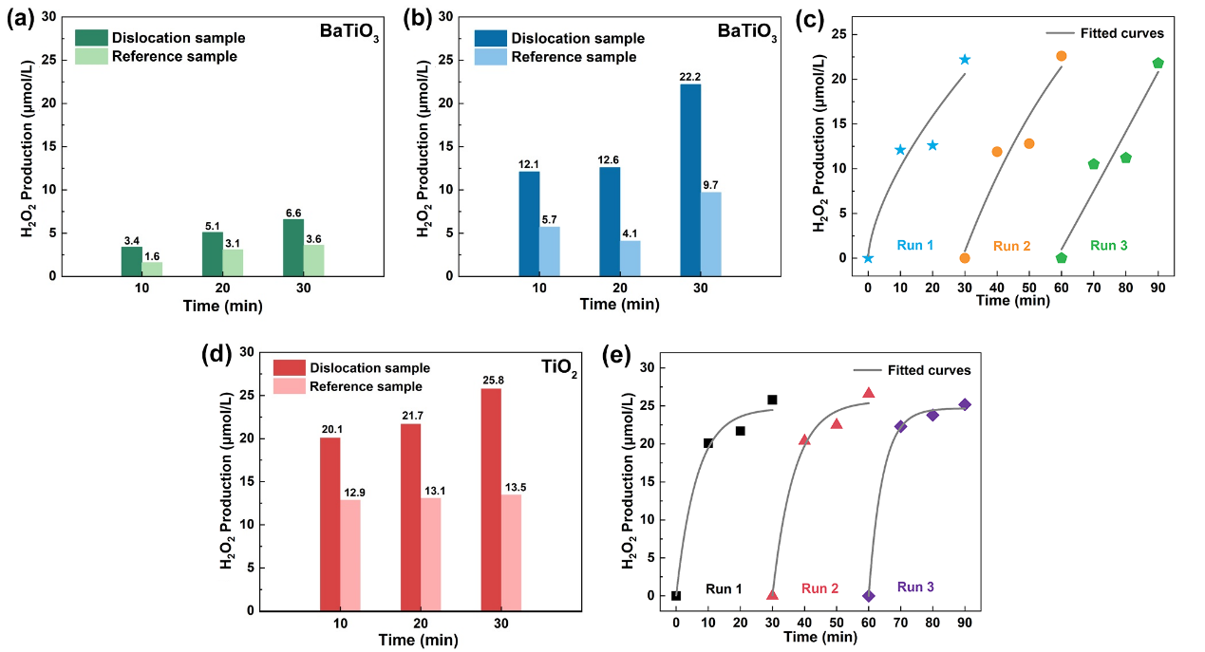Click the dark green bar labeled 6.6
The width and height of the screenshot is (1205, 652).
tap(292, 248)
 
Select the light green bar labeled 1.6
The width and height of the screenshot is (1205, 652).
tap(152, 269)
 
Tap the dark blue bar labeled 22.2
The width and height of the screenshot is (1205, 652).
tap(691, 180)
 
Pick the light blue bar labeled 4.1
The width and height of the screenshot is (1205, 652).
tap(631, 258)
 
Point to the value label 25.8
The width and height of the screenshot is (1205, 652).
tap(491, 380)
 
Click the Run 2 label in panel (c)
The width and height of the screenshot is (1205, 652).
tap(1012, 246)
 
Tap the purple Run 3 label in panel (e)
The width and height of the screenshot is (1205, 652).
tap(915, 587)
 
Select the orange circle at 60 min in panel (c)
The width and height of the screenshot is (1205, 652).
tap(1061, 56)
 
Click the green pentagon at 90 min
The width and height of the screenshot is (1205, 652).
tap(1158, 64)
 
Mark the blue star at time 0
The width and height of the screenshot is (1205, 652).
tap(868, 258)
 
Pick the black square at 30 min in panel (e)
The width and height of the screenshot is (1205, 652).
tap(772, 400)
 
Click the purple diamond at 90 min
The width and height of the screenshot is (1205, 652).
tap(965, 404)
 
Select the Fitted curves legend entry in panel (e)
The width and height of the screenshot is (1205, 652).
tap(931, 370)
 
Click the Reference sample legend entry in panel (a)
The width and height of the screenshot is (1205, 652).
tap(174, 56)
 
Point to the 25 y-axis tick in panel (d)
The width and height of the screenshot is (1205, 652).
tap(247, 395)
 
